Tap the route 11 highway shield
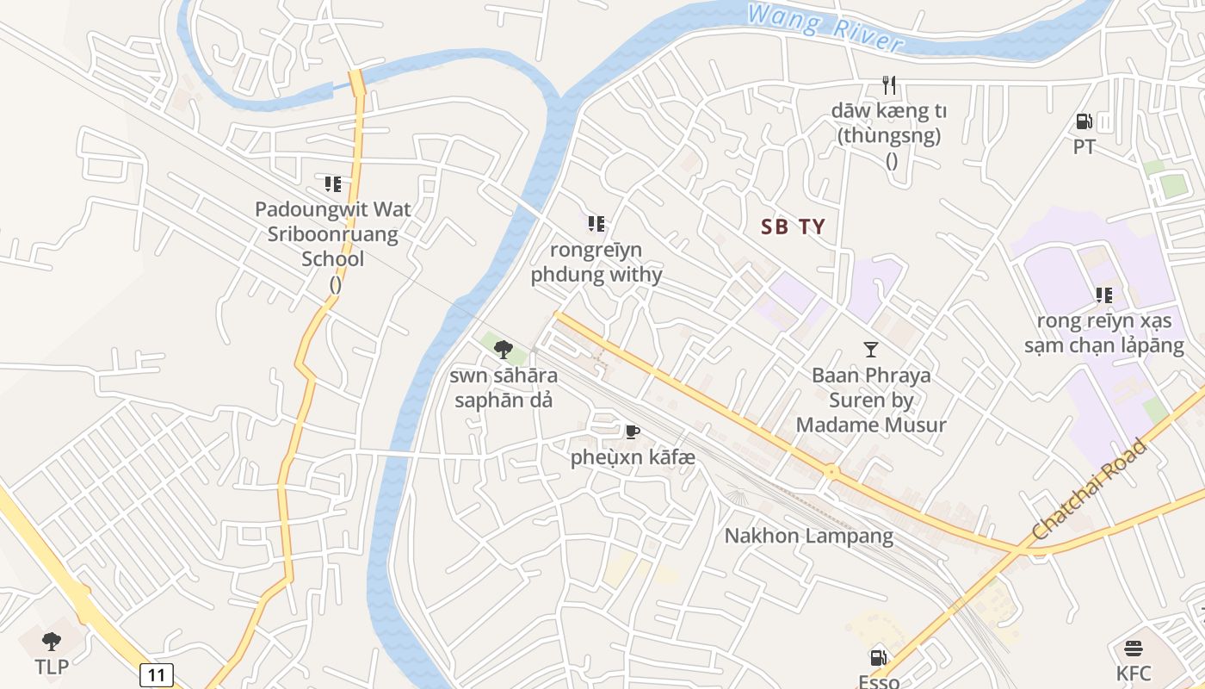click(x=155, y=674)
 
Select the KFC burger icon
click(x=1134, y=649)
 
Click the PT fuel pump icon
click(x=1084, y=121)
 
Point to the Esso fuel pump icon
click(x=878, y=658)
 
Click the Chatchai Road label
click(x=1089, y=490)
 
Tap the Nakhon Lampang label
click(x=808, y=536)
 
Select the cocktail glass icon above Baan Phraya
click(x=871, y=349)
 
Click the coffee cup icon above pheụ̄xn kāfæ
click(x=632, y=431)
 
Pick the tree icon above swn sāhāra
click(x=504, y=349)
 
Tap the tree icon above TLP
click(x=52, y=641)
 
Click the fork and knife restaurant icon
click(x=890, y=84)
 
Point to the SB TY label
click(x=793, y=227)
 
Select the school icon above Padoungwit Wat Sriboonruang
click(x=333, y=183)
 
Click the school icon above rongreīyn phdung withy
click(x=596, y=224)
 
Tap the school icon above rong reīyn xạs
click(x=1104, y=295)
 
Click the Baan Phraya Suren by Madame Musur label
click(x=871, y=400)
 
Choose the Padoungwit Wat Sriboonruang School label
click(x=333, y=234)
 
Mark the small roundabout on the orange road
click(x=831, y=471)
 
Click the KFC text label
click(x=1134, y=673)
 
